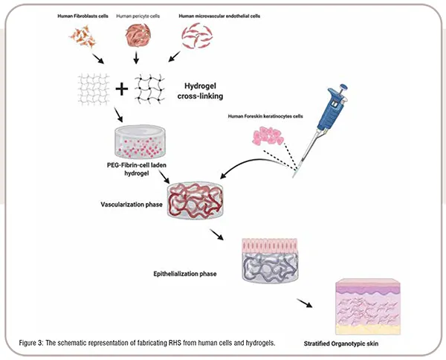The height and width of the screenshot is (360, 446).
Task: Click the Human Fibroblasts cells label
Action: pyautogui.click(x=83, y=16)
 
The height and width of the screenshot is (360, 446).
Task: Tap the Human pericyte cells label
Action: pyautogui.click(x=138, y=16)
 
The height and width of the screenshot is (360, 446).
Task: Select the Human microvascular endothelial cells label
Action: pyautogui.click(x=219, y=16)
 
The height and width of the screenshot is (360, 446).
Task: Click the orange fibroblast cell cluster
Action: pyautogui.click(x=83, y=36)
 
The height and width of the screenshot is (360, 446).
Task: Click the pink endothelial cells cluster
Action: pyautogui.click(x=197, y=35)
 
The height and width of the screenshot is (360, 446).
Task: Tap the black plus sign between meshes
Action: pyautogui.click(x=122, y=89)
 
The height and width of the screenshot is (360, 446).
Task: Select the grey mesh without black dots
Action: pyautogui.click(x=94, y=89)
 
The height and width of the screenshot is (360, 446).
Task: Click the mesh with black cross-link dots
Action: pyautogui.click(x=149, y=89)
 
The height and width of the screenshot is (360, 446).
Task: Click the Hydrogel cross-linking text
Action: pyautogui.click(x=200, y=91)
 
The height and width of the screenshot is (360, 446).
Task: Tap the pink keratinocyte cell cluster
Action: pyautogui.click(x=268, y=136)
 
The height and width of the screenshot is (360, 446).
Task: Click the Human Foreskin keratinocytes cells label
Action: pyautogui.click(x=265, y=116)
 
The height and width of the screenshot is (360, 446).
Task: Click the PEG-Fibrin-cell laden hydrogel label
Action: pyautogui.click(x=137, y=169)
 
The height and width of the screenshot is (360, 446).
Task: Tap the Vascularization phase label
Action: pyautogui.click(x=132, y=205)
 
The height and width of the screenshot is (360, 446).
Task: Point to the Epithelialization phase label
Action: pyautogui.click(x=185, y=274)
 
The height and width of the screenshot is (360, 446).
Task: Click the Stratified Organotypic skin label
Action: pyautogui.click(x=341, y=344)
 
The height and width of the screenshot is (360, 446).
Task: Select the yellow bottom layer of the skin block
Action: pyautogui.click(x=368, y=330)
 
